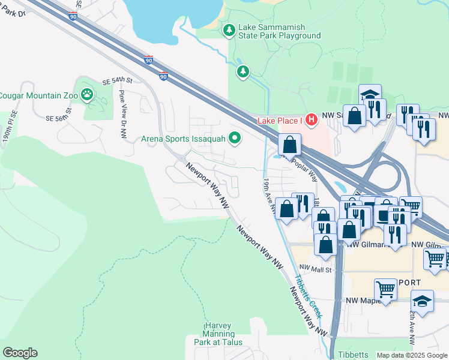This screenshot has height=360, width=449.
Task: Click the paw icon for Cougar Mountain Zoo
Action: [88, 94]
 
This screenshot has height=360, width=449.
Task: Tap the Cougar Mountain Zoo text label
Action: [37, 95]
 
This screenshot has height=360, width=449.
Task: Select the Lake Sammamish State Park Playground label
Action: [280, 31]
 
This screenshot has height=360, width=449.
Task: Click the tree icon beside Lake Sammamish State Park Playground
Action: [229, 30]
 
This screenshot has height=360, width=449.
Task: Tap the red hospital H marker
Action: [311, 120]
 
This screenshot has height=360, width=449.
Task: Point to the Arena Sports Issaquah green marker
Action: [235, 139]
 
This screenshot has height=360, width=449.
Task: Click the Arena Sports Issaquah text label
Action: [183, 139]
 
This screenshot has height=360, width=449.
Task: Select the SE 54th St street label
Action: [116, 80]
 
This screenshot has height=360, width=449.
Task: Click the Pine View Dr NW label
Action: [123, 106]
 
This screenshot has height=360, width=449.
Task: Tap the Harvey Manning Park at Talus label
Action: [222, 333]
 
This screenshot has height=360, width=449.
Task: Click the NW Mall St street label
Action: [316, 268]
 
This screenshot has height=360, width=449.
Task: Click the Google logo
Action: [20, 353]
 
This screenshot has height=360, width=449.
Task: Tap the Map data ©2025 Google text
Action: [412, 355]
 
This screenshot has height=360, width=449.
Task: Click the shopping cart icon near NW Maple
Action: [385, 289]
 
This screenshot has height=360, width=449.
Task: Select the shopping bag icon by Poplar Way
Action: [289, 145]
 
